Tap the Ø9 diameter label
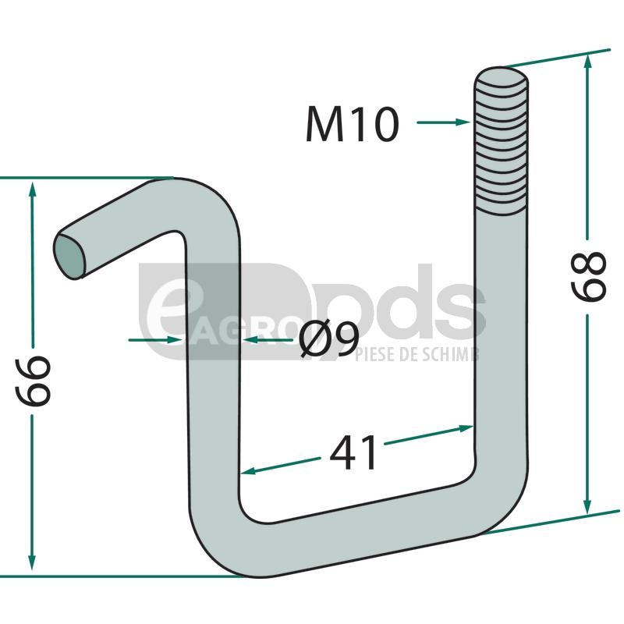point(329,339)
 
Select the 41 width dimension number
point(353,452)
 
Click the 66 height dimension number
point(33,381)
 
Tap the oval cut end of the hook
point(69,255)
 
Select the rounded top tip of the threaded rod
point(502,76)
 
